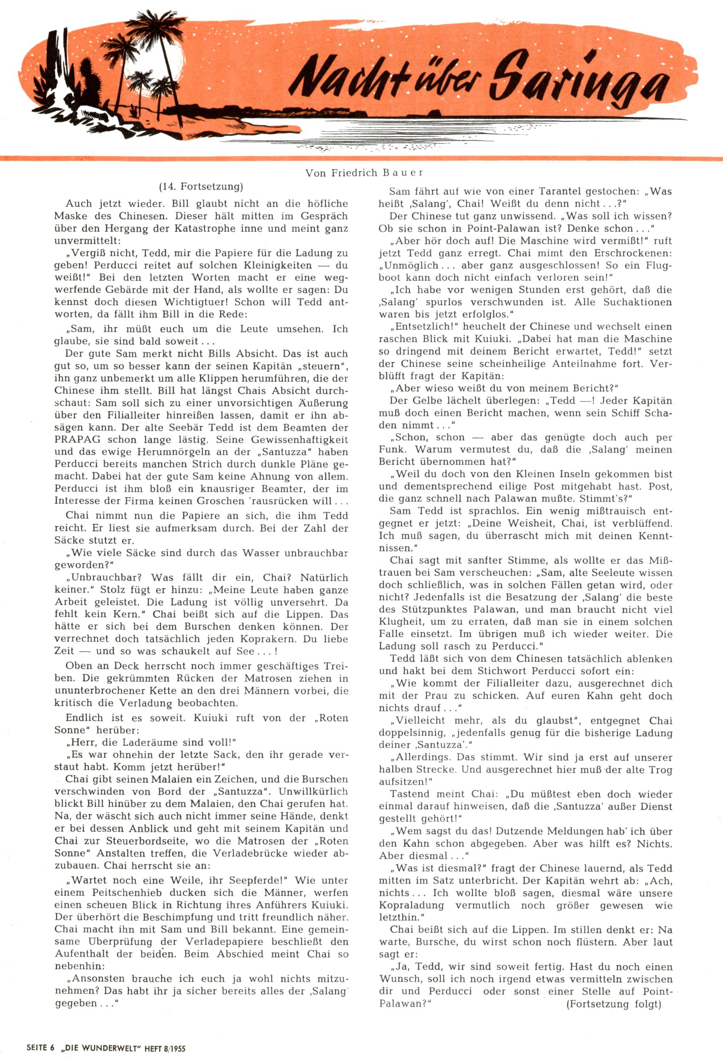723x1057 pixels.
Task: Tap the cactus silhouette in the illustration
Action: tap(98, 77)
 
